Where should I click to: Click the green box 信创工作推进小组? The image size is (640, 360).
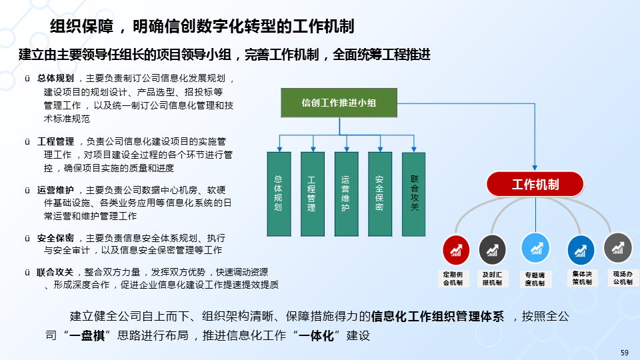click(x=339, y=103)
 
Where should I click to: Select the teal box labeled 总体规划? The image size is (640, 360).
click(x=278, y=194)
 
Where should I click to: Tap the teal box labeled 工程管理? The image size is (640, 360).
click(x=312, y=194)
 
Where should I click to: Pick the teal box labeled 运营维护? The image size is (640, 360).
click(x=345, y=194)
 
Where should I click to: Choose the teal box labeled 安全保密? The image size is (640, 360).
click(x=379, y=194)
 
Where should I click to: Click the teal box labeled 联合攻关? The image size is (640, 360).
click(x=413, y=194)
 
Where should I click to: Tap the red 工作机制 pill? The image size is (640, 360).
click(x=535, y=185)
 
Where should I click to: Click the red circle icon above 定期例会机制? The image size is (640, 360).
click(x=457, y=250)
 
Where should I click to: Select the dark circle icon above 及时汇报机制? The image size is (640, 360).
click(x=492, y=250)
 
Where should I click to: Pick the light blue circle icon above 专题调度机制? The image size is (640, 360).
click(x=535, y=248)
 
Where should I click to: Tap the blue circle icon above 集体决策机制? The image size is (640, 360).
click(x=581, y=250)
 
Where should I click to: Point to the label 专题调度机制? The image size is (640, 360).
click(x=535, y=279)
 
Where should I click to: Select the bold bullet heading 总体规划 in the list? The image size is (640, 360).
click(x=55, y=78)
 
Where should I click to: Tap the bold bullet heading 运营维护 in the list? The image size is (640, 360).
click(x=55, y=189)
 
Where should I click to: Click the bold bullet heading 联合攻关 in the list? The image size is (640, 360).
click(x=55, y=272)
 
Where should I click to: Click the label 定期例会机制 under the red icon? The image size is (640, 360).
click(x=457, y=279)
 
